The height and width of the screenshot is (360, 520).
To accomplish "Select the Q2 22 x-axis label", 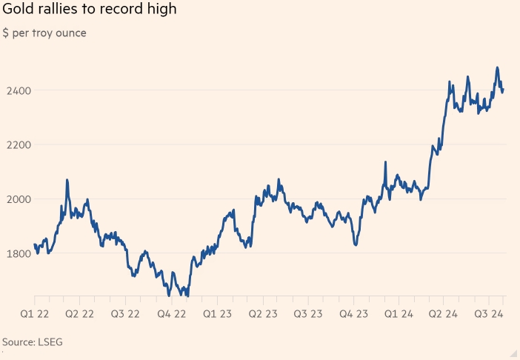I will pyautogui.click(x=79, y=313).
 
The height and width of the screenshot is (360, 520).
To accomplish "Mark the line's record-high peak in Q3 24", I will pyautogui.click(x=497, y=68).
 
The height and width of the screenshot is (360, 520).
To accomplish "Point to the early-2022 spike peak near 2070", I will pyautogui.click(x=67, y=180).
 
